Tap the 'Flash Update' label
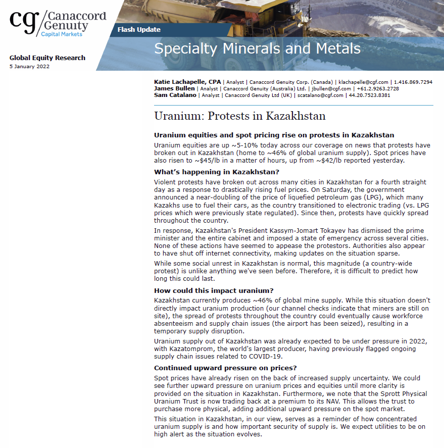[x=139, y=29]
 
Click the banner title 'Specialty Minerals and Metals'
[x=257, y=48]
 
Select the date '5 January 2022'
[x=29, y=67]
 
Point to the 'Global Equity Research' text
[x=47, y=58]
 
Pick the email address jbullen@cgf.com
[x=324, y=88]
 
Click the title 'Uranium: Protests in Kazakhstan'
[x=239, y=116]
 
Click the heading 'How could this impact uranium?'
[x=214, y=290]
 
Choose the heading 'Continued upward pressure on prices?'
[x=225, y=368]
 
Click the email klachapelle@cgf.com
[x=364, y=82]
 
